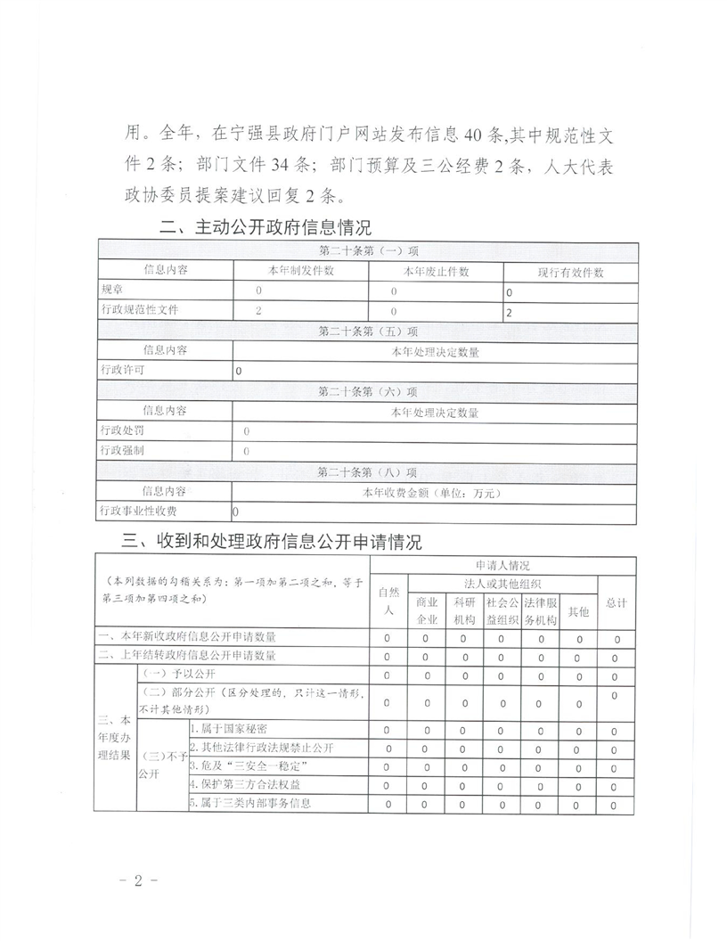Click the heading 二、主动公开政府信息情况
point(265,228)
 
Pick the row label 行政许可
point(123,369)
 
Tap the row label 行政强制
point(123,451)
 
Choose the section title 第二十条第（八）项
point(367,471)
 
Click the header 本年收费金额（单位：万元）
point(434,491)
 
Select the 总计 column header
point(616,603)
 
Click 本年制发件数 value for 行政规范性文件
point(258,310)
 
